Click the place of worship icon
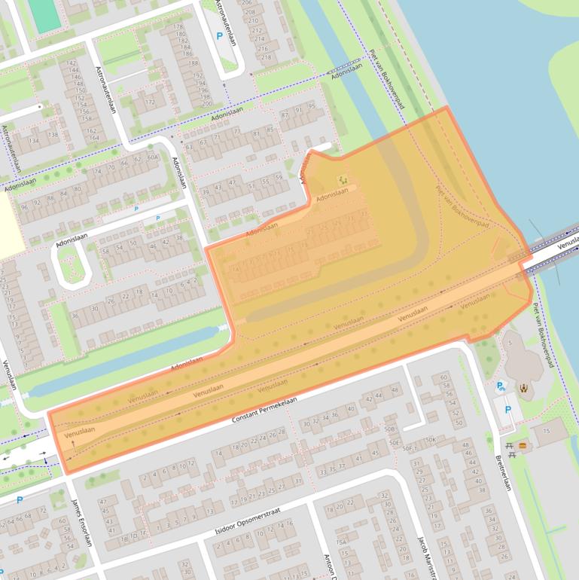(x=523, y=389)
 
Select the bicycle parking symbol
(x=500, y=386)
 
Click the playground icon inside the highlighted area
(x=343, y=179)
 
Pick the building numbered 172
(x=149, y=102)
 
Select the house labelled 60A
(x=153, y=157)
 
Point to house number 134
(x=34, y=140)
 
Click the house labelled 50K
(x=431, y=439)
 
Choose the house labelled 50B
(x=389, y=429)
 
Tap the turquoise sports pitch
(x=45, y=16)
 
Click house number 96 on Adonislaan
(x=25, y=206)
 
